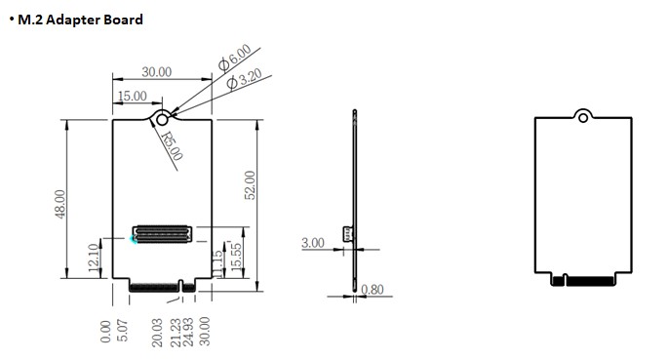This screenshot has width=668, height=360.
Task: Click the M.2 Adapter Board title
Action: tap(80, 20)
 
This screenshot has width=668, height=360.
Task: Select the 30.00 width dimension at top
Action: tap(157, 72)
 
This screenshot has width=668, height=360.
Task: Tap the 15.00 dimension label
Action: tap(132, 96)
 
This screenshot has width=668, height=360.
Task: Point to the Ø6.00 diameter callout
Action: tap(235, 58)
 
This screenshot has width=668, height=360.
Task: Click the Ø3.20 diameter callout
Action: tap(244, 79)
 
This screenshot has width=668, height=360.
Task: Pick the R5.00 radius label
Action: tap(172, 145)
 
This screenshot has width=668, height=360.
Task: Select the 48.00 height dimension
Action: tap(60, 204)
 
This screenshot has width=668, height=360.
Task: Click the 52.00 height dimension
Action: tap(250, 185)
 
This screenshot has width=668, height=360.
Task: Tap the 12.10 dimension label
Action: tap(94, 258)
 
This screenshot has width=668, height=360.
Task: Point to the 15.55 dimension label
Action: tap(236, 256)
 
